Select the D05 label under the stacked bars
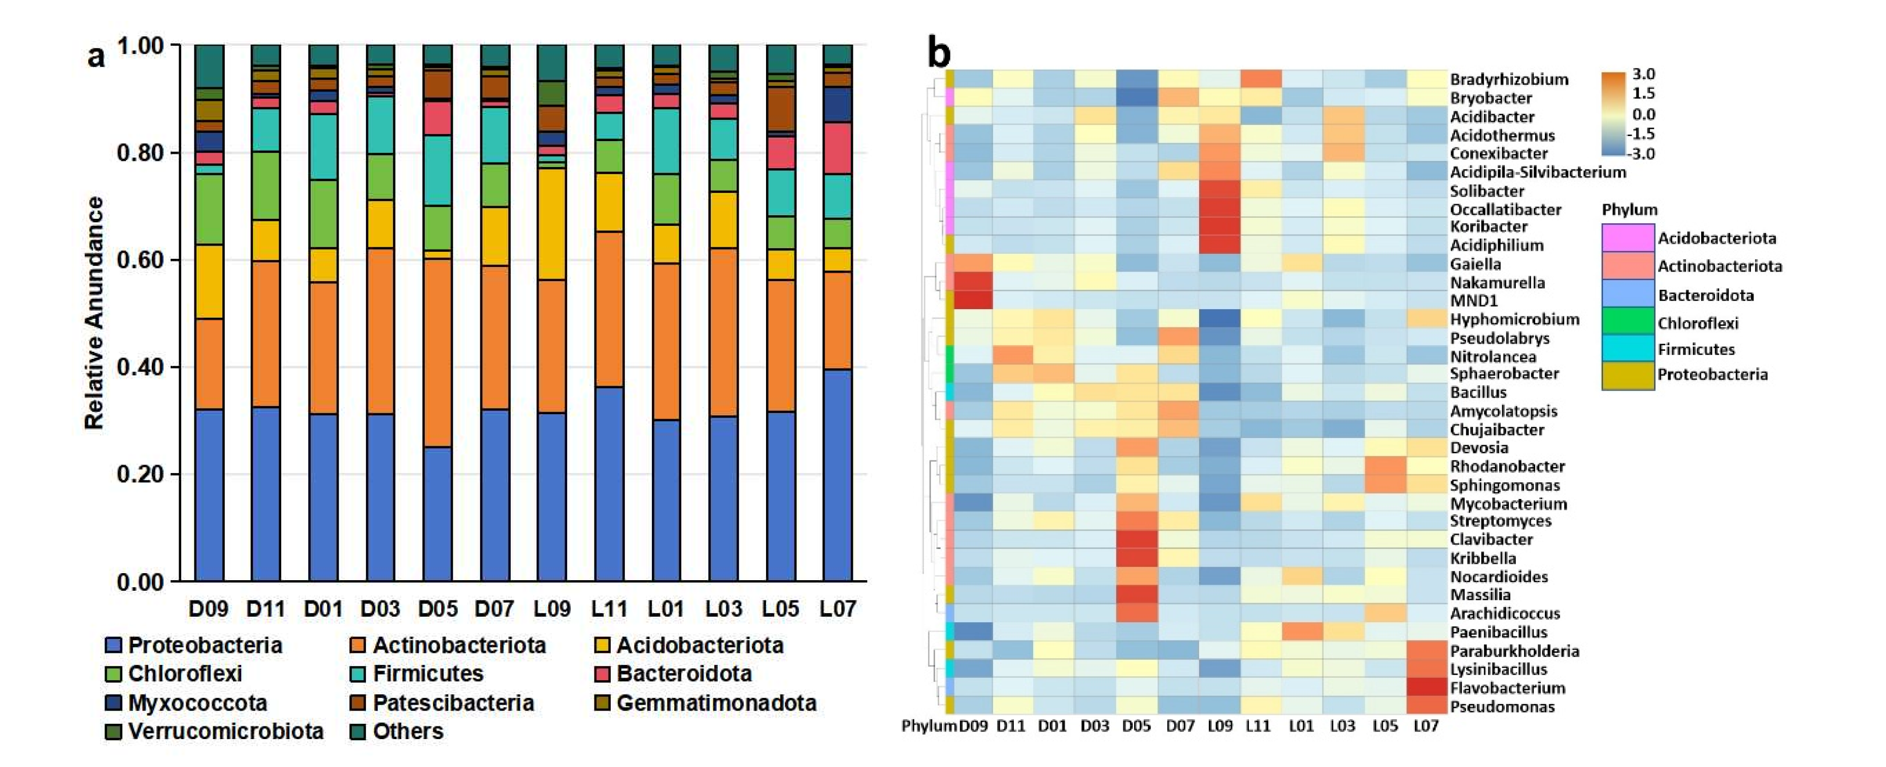[x=437, y=608]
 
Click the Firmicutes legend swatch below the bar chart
[x=358, y=673]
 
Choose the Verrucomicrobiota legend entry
[x=225, y=730]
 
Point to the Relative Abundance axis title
[x=94, y=313]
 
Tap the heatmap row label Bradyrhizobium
[x=1508, y=79]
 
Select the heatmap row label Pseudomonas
[x=1502, y=706]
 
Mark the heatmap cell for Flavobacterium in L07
[x=1426, y=687]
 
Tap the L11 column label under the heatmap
[x=1258, y=725]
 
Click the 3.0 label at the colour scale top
[x=1644, y=74]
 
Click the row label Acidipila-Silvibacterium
[x=1538, y=172]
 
